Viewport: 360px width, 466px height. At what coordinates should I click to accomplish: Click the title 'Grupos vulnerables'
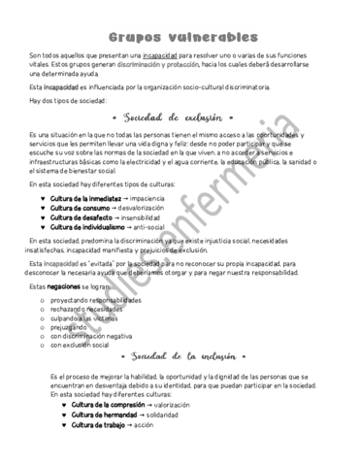click(x=182, y=36)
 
